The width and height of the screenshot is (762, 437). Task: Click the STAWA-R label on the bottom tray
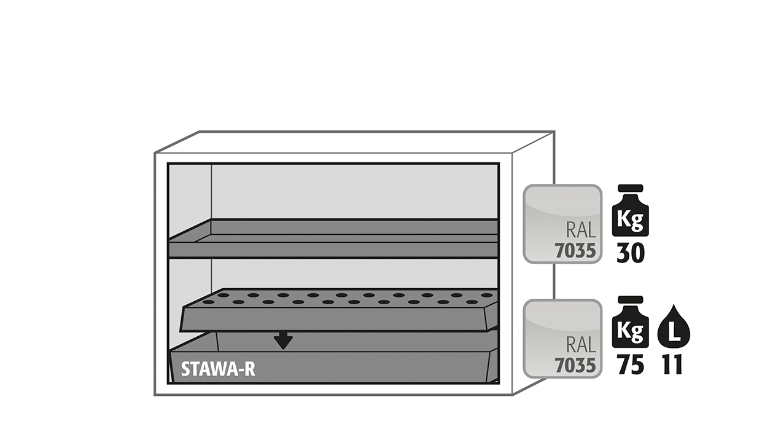(x=218, y=369)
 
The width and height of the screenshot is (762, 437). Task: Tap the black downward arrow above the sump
(x=283, y=341)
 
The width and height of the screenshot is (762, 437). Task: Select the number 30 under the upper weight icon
(x=631, y=253)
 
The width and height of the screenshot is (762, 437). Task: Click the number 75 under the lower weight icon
(x=631, y=365)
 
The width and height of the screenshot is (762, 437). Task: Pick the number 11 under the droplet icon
(x=672, y=365)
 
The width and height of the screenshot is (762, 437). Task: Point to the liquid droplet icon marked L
(x=674, y=326)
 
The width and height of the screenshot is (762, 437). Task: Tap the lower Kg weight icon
(x=631, y=322)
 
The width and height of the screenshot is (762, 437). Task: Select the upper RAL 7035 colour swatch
(x=562, y=224)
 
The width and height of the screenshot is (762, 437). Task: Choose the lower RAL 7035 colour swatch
(x=562, y=339)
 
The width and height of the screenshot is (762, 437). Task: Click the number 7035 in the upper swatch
(x=575, y=251)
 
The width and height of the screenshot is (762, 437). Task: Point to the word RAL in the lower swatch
(x=581, y=345)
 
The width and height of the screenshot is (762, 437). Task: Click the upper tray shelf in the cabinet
(x=333, y=238)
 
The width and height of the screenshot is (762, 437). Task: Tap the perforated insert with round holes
(x=339, y=310)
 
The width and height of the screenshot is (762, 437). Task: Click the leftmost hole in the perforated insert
(x=208, y=302)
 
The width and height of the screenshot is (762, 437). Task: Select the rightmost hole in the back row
(x=486, y=295)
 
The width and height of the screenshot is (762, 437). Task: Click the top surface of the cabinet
(x=354, y=142)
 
